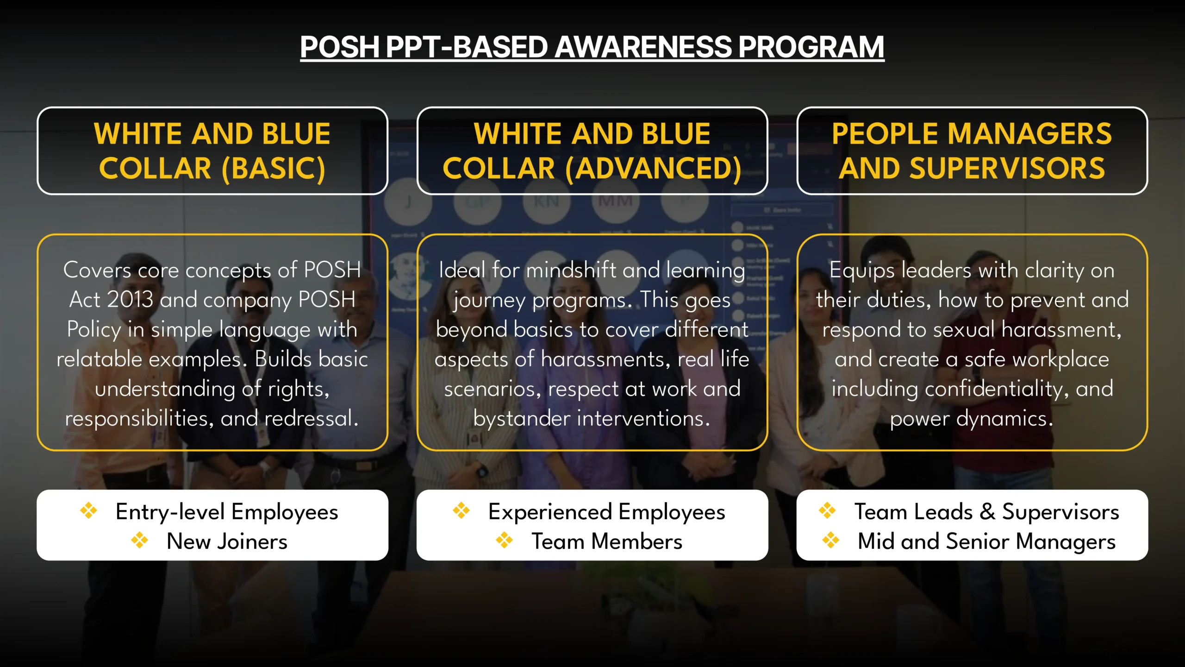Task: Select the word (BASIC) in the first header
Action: (273, 168)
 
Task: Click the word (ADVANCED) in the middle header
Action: (653, 168)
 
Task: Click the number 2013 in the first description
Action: (130, 300)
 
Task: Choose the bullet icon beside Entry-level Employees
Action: (88, 511)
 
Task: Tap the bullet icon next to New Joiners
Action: (139, 541)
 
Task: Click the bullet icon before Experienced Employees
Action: (461, 511)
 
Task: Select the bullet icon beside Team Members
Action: (504, 541)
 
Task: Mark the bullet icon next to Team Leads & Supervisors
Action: (827, 511)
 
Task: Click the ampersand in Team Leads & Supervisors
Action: (987, 512)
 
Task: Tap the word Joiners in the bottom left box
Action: (252, 541)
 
